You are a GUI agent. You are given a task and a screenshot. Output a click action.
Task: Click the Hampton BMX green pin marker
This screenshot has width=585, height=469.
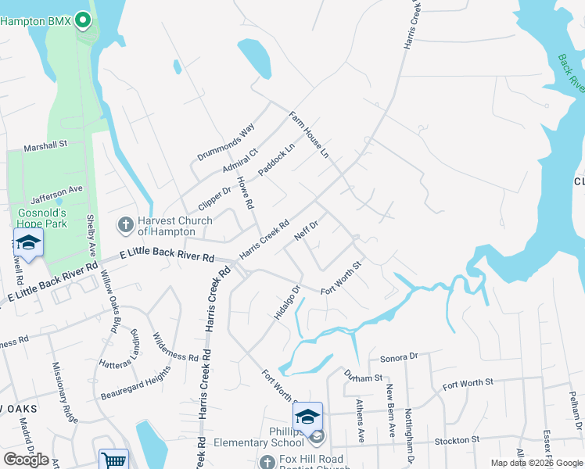click(84, 21)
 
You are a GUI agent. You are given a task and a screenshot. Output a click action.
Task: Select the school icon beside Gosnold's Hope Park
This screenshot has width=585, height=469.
click(28, 244)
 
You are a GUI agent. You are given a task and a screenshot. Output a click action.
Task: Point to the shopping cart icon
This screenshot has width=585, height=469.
click(113, 460)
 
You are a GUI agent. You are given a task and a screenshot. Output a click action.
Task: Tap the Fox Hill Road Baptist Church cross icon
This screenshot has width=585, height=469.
click(267, 463)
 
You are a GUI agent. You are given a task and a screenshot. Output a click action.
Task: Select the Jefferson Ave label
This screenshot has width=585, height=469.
click(56, 190)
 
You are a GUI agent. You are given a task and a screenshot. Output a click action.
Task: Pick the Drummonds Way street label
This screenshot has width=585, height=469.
click(225, 142)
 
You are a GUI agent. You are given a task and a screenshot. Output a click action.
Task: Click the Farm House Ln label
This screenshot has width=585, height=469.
click(309, 134)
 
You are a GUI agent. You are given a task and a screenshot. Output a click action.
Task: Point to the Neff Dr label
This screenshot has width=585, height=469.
click(305, 230)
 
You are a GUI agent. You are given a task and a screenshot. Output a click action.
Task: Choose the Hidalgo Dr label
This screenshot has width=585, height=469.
click(287, 302)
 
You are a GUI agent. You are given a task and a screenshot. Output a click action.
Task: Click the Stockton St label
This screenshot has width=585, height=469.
click(455, 442)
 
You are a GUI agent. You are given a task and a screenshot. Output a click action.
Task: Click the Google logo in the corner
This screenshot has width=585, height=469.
click(26, 460)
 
